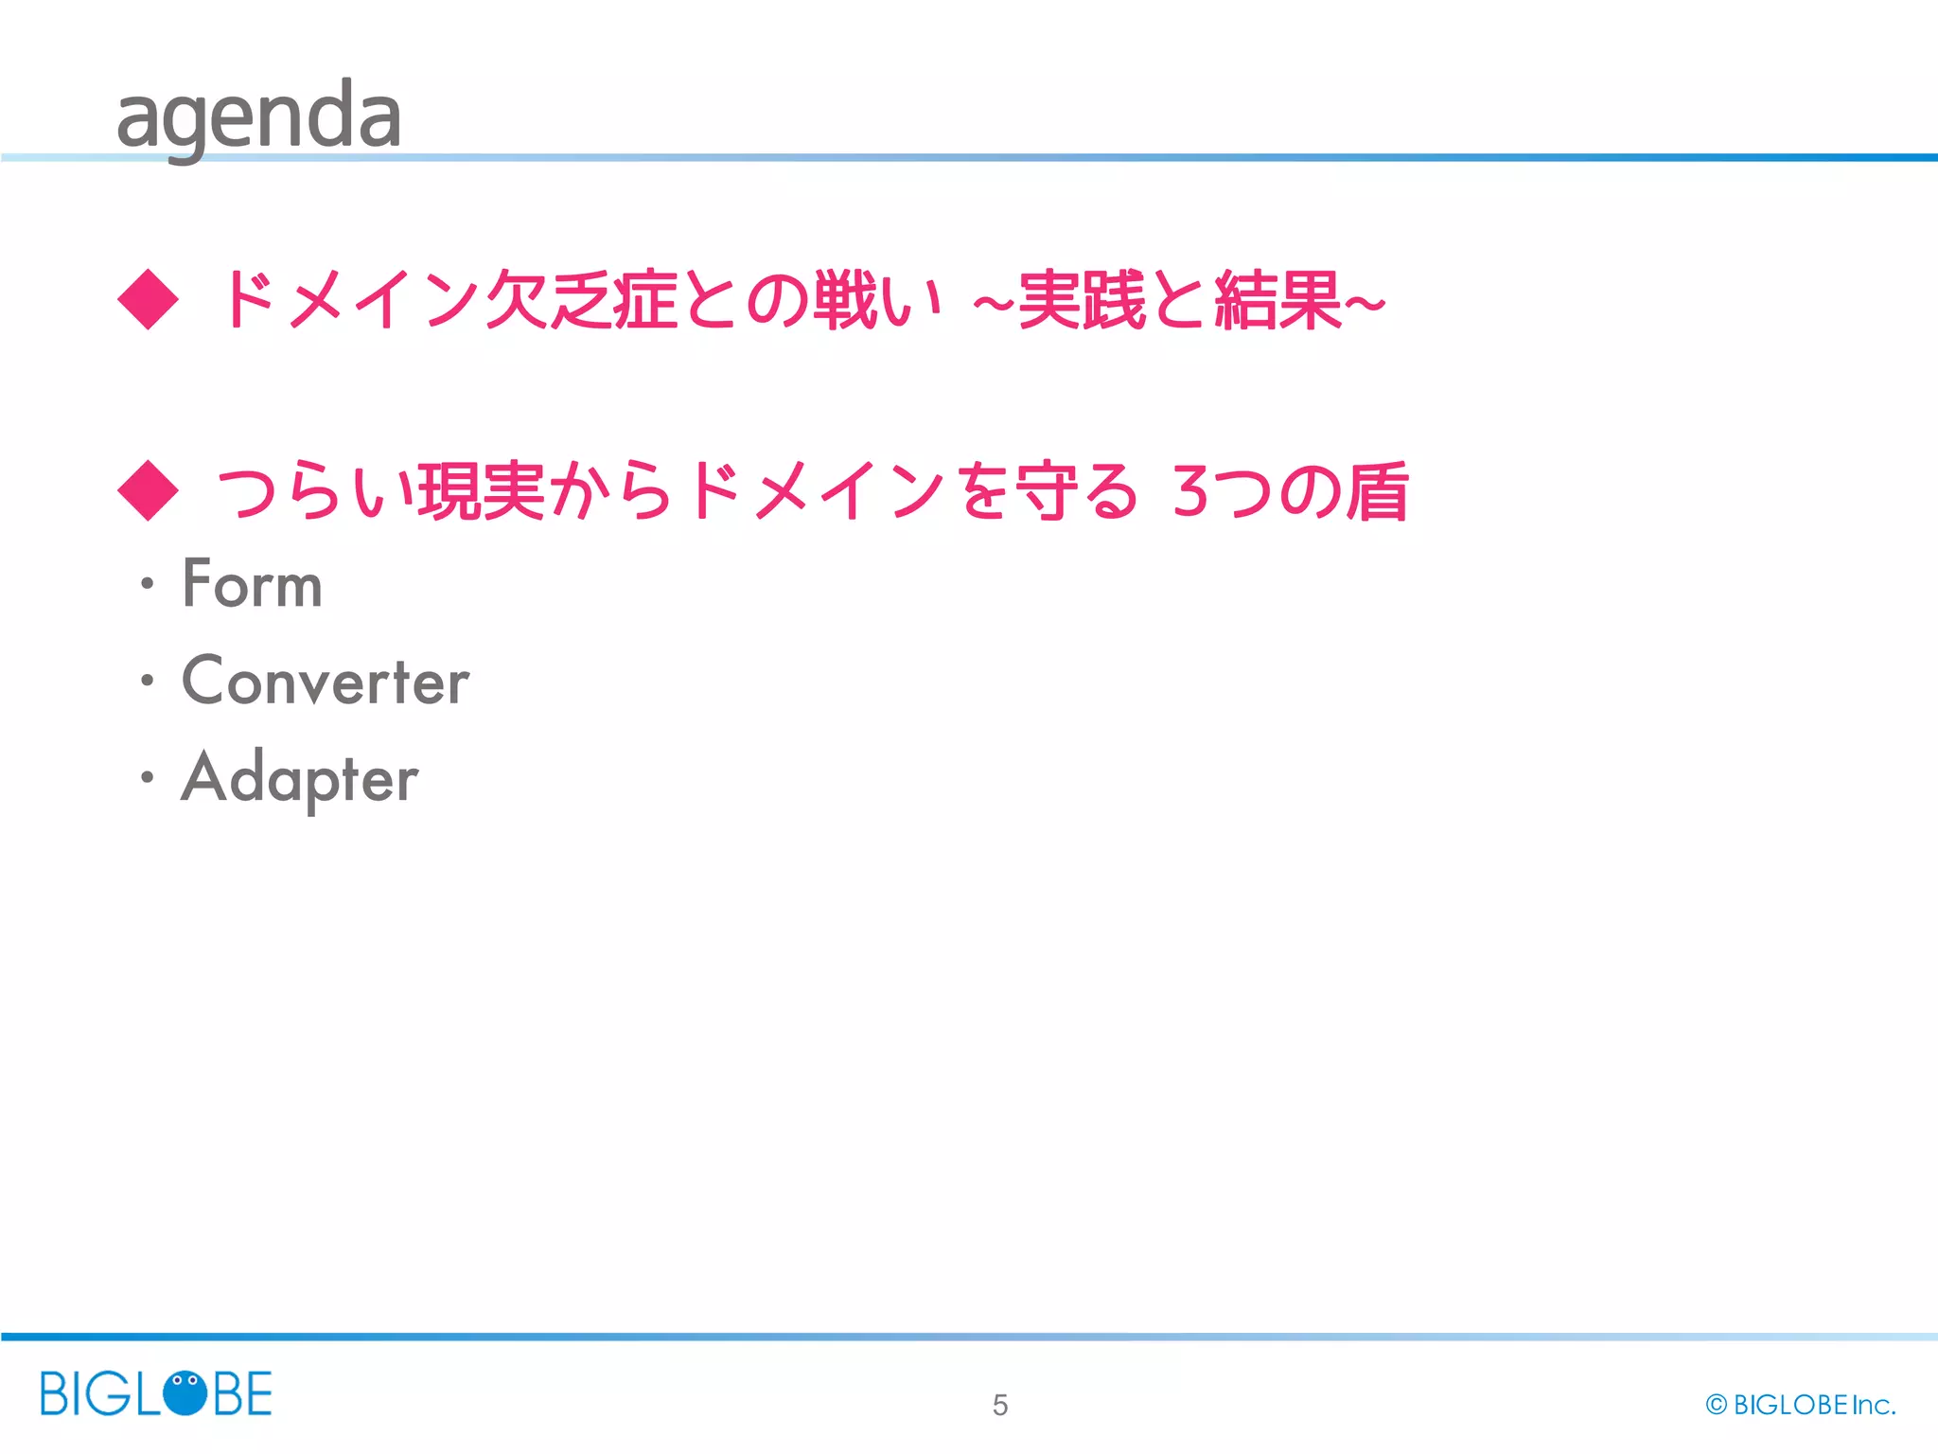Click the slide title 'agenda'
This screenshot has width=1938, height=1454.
258,116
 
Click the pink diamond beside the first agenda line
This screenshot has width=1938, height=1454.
148,300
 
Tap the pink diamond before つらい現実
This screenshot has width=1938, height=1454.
148,490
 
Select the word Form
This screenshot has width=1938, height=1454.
253,584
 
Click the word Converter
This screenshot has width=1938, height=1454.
326,681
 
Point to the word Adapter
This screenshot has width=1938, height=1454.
299,778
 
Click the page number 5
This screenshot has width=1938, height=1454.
1000,1405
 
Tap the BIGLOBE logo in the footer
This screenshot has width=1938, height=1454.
156,1393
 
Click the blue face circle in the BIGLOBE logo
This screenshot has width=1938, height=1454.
185,1392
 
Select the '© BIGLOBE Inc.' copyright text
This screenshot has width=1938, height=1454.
1800,1405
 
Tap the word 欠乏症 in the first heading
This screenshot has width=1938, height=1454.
581,300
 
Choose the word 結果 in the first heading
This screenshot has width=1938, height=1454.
1278,300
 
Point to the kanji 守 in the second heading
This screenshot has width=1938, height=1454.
1045,491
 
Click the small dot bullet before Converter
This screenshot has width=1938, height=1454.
147,680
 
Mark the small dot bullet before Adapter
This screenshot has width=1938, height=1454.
147,777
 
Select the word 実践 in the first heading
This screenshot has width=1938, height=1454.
1082,300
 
